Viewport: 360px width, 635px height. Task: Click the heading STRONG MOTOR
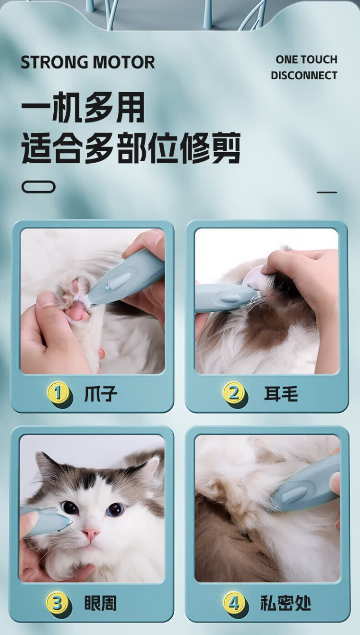88,62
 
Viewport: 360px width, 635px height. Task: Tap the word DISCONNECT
304,76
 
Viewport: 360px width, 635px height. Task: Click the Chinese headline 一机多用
83,108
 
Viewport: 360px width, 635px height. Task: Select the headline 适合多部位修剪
131,148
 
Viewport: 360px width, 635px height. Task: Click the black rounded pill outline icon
38,187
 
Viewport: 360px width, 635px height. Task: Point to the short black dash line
327,192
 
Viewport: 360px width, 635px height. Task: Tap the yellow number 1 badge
58,393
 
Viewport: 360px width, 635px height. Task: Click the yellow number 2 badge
233,392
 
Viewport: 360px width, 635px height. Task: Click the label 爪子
100,394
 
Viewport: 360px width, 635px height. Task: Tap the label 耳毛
281,393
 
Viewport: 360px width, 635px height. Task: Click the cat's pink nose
91,533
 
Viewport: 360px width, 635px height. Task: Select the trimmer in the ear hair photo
224,298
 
